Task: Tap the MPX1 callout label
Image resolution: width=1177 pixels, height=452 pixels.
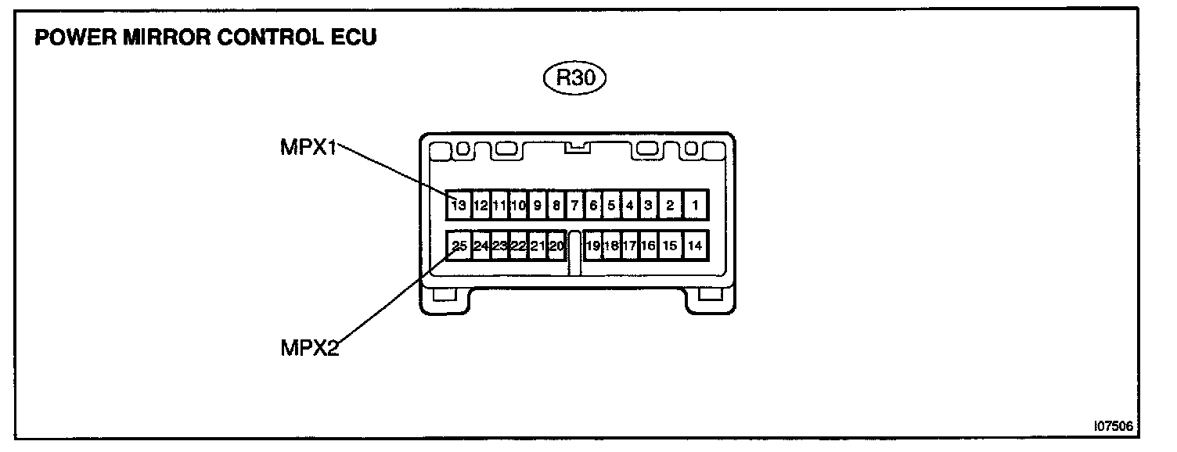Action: point(308,147)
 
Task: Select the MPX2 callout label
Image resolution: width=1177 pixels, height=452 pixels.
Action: point(309,347)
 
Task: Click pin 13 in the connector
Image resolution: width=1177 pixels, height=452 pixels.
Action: point(459,206)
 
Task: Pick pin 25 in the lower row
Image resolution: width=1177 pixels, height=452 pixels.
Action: point(459,246)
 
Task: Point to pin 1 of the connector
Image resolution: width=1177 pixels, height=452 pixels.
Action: point(696,206)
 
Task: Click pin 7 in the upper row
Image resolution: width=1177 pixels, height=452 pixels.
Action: point(574,206)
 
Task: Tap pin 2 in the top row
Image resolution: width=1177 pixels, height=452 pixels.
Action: point(671,206)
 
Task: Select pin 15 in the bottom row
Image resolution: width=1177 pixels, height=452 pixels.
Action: point(670,246)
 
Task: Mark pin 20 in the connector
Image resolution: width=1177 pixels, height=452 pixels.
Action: point(556,246)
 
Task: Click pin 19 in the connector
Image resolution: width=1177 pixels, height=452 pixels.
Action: point(593,246)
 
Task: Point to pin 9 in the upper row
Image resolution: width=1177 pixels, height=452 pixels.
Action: point(538,206)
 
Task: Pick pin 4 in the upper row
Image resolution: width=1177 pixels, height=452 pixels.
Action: point(629,206)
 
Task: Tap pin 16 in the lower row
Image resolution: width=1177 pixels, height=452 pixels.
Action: point(648,246)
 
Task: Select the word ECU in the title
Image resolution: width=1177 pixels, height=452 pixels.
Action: point(353,38)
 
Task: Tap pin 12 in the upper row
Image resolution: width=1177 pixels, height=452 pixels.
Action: point(481,206)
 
